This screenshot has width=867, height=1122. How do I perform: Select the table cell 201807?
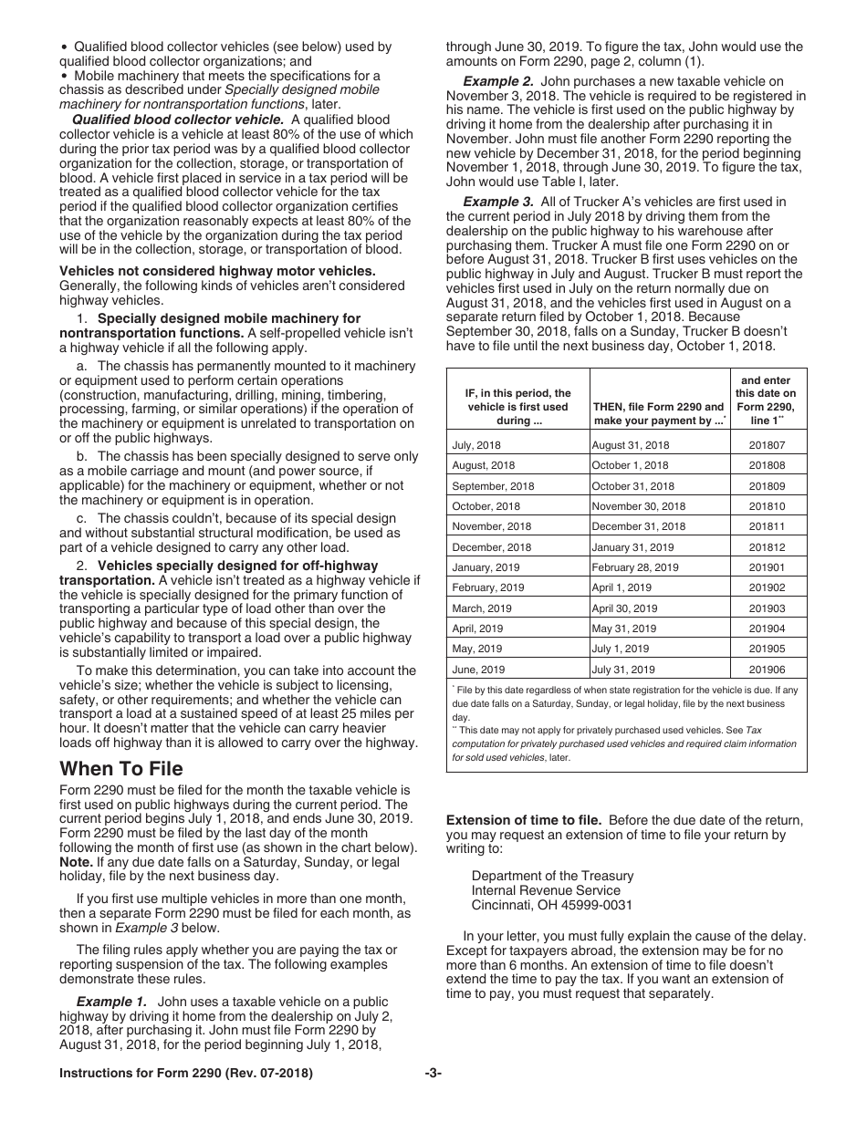(767, 445)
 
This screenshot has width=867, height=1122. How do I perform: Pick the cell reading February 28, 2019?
(635, 567)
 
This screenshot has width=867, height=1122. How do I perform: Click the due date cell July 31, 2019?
(624, 670)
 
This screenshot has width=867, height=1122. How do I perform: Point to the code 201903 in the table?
(767, 608)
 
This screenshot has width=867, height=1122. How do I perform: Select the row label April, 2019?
(477, 629)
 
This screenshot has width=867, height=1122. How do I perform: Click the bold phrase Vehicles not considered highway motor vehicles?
(217, 271)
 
